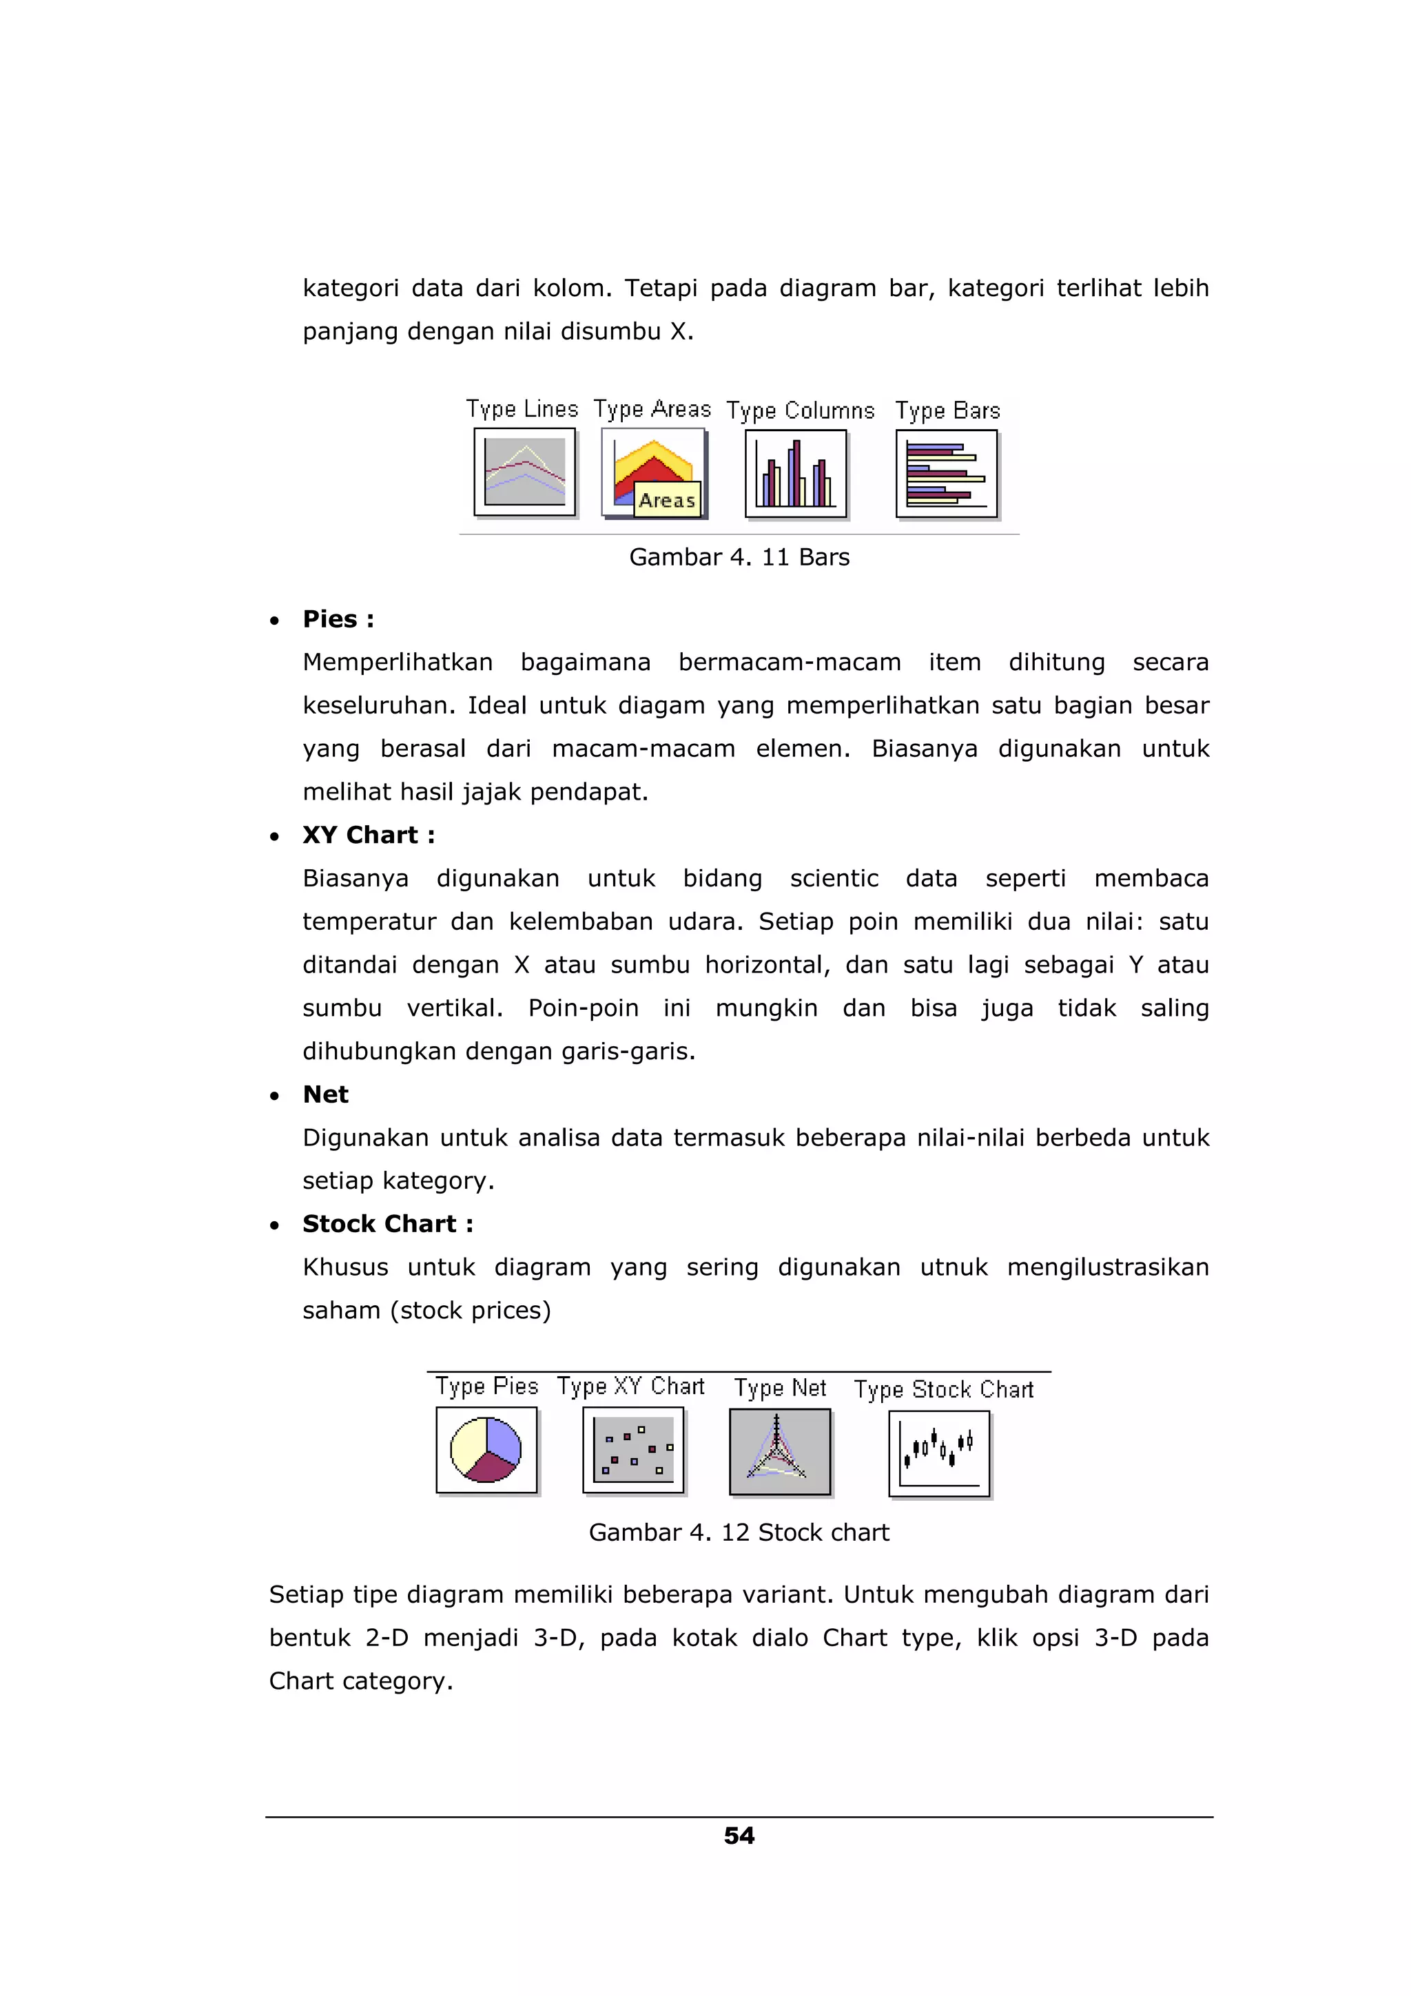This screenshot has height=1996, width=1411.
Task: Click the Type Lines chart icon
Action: coord(524,472)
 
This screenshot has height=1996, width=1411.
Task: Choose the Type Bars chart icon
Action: coord(946,474)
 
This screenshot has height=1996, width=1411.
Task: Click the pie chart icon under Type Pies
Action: coord(486,1449)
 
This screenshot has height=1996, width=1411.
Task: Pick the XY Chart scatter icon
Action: coord(633,1449)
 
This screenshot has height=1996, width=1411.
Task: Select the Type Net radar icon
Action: coord(780,1451)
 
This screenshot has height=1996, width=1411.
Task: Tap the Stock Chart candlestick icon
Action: coord(939,1453)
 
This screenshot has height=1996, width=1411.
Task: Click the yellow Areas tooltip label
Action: coord(667,501)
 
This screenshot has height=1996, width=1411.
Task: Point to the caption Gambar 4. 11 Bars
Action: coord(739,557)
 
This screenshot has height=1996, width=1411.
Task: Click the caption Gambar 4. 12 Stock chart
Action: coord(739,1532)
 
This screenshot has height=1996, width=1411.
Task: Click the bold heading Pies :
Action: coord(338,619)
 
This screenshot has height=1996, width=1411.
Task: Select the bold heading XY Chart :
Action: coord(369,835)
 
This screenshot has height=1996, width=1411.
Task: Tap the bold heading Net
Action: coord(325,1094)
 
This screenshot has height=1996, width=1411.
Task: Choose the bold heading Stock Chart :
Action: coord(388,1224)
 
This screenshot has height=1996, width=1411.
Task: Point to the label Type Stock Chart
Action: coord(943,1389)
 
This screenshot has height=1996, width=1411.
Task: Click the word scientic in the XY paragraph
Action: coord(834,878)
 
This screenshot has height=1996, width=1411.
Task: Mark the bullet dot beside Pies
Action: coord(275,621)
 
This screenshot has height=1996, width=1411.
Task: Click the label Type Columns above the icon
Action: coord(800,410)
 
